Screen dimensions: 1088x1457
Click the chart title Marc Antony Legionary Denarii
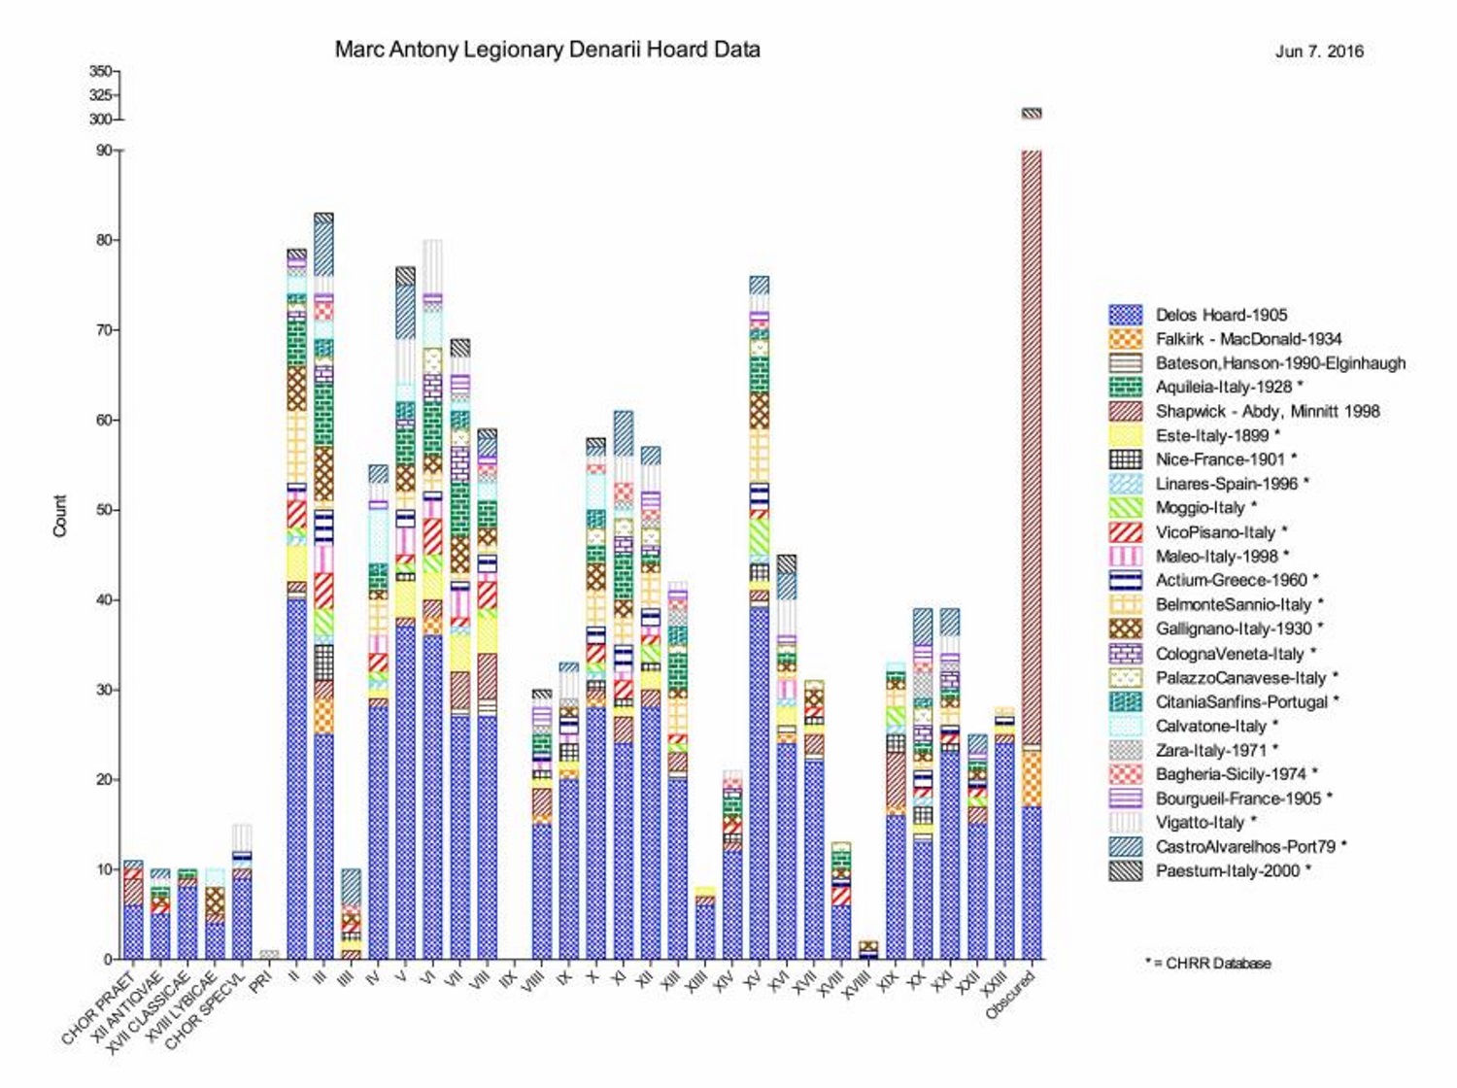coord(547,50)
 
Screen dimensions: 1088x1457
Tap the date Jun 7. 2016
coord(1319,51)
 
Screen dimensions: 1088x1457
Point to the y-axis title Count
coord(60,516)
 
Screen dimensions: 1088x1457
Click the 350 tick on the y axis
coord(100,71)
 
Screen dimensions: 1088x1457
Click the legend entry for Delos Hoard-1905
coord(1221,315)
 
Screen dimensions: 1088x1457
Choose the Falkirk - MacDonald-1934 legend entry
coord(1248,339)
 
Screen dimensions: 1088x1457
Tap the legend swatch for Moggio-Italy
coord(1126,507)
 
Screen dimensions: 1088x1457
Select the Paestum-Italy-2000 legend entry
coord(1227,870)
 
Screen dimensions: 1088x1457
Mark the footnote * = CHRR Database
coord(1208,964)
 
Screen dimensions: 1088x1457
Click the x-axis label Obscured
coord(1011,995)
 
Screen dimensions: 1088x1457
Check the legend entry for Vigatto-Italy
coord(1200,823)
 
